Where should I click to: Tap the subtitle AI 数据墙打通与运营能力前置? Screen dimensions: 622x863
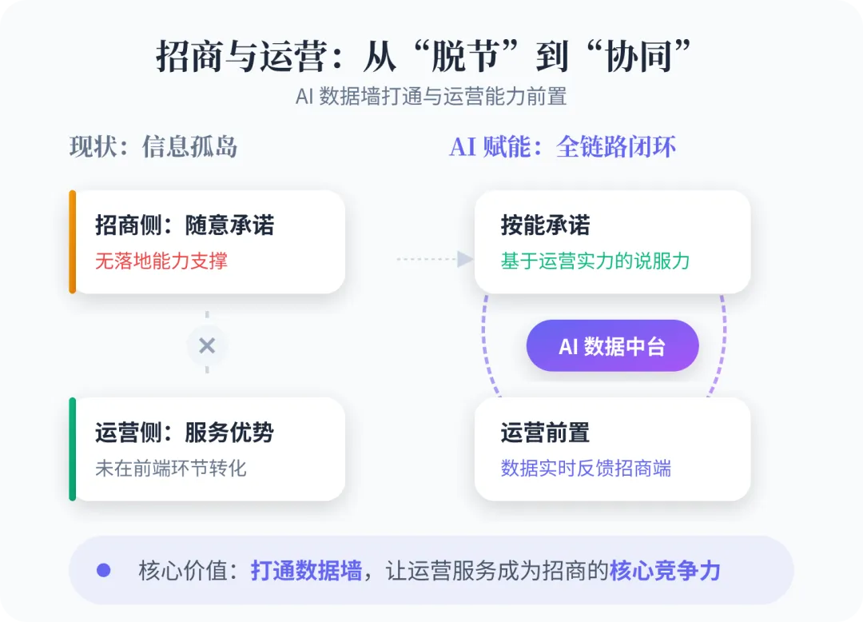click(x=431, y=97)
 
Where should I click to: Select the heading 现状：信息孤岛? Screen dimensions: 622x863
click(x=153, y=147)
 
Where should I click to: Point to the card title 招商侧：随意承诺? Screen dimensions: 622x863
click(x=185, y=225)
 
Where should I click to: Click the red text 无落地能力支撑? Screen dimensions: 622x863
click(x=161, y=261)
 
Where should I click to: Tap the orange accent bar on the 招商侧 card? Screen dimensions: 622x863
click(x=73, y=241)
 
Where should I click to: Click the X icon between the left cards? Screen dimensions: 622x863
click(x=207, y=346)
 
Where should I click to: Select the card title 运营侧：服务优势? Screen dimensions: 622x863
click(x=185, y=433)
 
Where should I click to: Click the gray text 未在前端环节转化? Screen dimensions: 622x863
click(x=171, y=468)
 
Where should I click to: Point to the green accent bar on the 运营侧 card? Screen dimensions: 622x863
click(x=73, y=449)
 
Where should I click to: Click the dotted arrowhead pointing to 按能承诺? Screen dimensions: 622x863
click(x=465, y=259)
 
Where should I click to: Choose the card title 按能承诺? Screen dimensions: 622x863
click(x=546, y=225)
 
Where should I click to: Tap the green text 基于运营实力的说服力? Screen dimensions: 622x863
click(x=595, y=261)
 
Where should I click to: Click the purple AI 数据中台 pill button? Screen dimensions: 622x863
click(x=612, y=346)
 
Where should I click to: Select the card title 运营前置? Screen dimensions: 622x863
click(x=546, y=433)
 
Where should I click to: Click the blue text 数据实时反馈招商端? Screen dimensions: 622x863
click(x=586, y=468)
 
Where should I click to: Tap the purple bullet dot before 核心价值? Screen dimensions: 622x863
click(x=103, y=570)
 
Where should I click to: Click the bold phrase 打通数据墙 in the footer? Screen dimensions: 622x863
click(x=306, y=570)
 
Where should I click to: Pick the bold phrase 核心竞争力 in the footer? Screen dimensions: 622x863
click(x=665, y=570)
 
